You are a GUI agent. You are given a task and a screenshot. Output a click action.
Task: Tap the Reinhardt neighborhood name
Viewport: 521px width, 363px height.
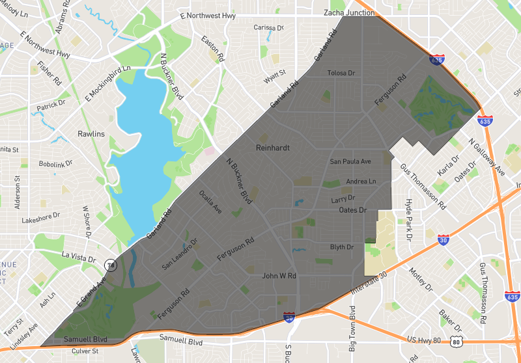point(272,148)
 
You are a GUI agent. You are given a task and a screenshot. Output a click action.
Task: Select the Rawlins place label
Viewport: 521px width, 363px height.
point(91,133)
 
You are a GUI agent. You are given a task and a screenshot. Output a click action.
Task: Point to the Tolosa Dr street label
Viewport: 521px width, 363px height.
point(341,73)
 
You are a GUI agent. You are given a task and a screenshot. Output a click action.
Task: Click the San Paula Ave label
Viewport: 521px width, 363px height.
point(350,161)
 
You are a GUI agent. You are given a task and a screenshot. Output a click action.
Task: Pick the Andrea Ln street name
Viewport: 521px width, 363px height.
point(361,181)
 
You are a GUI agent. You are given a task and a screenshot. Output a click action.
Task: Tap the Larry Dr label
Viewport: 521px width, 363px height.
point(343,198)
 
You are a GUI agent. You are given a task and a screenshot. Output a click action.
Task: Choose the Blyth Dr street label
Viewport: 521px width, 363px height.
point(342,247)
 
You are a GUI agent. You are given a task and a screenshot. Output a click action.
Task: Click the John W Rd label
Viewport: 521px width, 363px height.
point(279,276)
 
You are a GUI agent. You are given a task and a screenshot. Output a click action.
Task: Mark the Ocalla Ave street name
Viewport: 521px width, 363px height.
point(210,202)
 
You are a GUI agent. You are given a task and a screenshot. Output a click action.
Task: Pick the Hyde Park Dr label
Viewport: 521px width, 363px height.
point(409,221)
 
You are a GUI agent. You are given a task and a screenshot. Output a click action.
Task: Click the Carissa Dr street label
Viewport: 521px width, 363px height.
point(269,28)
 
